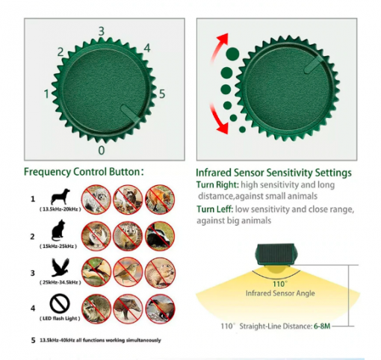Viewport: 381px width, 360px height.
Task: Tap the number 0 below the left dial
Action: pyautogui.click(x=101, y=150)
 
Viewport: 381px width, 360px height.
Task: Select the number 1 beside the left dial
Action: pyautogui.click(x=46, y=94)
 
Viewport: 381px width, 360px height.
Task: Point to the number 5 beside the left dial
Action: pyautogui.click(x=161, y=94)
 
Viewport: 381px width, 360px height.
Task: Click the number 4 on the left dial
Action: pyautogui.click(x=146, y=49)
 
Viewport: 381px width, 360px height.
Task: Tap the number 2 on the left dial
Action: pyautogui.click(x=61, y=52)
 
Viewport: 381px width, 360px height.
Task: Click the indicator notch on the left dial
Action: pyautogui.click(x=130, y=113)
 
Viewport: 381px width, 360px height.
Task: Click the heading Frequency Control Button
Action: pyautogui.click(x=84, y=172)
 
